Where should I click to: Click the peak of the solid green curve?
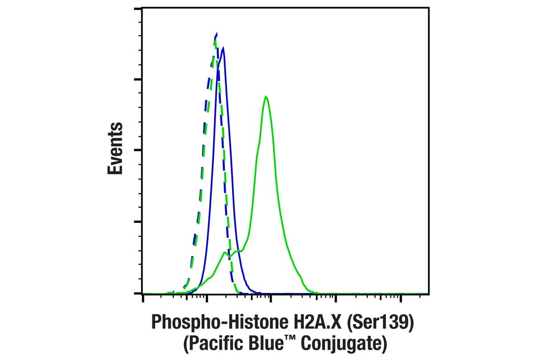coord(266,97)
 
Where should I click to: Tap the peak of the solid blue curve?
coord(223,48)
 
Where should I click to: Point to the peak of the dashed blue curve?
coord(216,34)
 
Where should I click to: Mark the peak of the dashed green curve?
coord(215,40)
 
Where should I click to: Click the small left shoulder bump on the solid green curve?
coord(226,253)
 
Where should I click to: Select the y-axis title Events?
coord(115,149)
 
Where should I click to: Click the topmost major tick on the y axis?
coord(137,9)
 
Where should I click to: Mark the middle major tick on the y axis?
coord(137,150)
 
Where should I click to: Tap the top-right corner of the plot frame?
coord(429,7)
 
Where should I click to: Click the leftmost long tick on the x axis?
coord(143,300)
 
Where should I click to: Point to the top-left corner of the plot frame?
coord(143,7)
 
